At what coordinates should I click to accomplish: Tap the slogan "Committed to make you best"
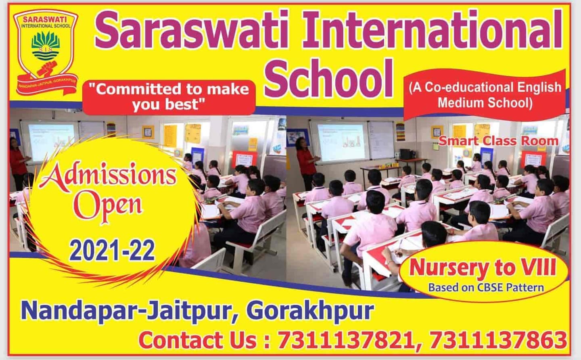[169, 96]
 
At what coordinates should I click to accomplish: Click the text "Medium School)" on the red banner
[485, 103]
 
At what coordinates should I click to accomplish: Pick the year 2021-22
[112, 250]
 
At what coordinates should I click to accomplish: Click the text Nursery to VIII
[483, 268]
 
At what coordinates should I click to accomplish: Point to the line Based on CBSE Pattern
[486, 287]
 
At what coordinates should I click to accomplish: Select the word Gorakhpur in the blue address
[310, 311]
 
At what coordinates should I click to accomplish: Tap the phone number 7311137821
[345, 340]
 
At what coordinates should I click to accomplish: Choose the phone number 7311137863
[498, 340]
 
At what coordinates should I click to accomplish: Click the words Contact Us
[198, 340]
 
